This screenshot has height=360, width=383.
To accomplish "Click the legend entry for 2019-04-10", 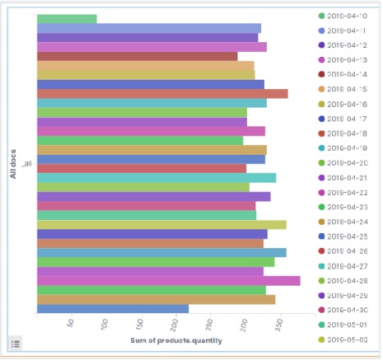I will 346,16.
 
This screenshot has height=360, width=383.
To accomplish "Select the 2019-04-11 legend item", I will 346,30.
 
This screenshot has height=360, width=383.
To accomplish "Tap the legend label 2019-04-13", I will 346,60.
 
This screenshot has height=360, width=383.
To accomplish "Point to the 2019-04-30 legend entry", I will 346,310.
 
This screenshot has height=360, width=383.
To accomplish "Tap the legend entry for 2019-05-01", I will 346,325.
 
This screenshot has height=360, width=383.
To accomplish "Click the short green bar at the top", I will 67,18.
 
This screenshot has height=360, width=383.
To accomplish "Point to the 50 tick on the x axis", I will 71,323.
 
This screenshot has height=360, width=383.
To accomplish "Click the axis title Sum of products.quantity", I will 175,341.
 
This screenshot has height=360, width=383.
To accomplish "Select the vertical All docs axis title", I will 13,164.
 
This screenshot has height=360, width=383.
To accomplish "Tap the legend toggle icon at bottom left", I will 16,343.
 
